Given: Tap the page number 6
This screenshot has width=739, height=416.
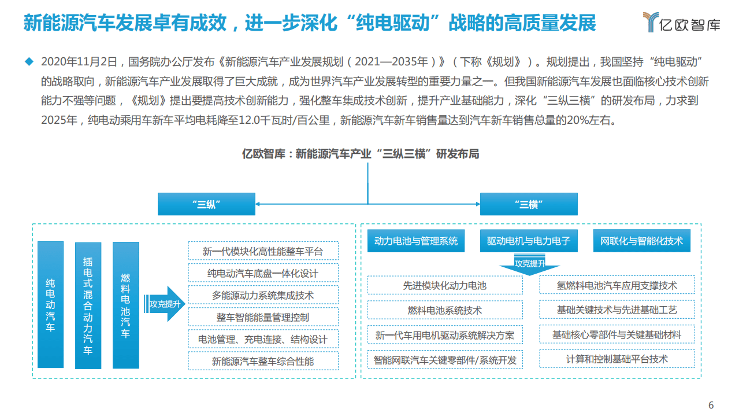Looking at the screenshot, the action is [x=711, y=404].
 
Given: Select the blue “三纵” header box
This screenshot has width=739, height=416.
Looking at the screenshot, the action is [x=207, y=204].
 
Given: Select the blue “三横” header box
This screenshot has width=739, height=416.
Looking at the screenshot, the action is [x=528, y=204].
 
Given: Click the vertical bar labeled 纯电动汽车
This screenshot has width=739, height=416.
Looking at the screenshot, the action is [x=51, y=304].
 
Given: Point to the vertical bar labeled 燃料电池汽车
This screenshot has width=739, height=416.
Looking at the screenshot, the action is [x=125, y=305].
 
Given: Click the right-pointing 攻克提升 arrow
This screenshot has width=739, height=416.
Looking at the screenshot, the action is [x=167, y=304].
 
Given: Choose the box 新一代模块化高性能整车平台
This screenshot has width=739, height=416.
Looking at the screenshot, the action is [x=263, y=251].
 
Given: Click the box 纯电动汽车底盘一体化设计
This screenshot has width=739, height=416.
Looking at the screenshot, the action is [x=263, y=273].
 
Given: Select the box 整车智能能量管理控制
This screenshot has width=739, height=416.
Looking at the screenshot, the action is [x=263, y=317].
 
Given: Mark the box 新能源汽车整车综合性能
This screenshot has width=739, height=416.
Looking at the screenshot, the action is [x=263, y=361].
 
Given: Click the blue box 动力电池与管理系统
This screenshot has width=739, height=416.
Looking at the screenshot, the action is [x=416, y=241].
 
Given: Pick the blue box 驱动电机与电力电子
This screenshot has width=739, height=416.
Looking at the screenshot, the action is [x=529, y=241].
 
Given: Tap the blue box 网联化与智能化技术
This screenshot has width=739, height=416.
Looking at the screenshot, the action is [x=641, y=241].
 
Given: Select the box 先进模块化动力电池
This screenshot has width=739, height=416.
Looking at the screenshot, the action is [x=445, y=285].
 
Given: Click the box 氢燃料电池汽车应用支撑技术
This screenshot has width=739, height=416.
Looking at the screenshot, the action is [x=617, y=285].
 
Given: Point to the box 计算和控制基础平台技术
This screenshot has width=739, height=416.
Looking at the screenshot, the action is [x=617, y=359].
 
